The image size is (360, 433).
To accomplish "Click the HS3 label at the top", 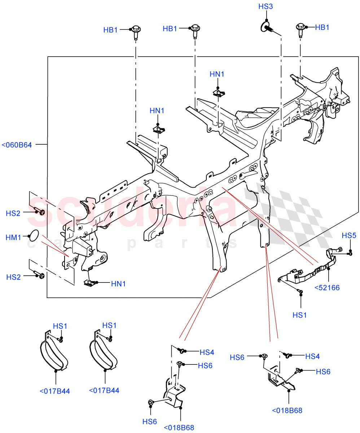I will pyautogui.click(x=265, y=7).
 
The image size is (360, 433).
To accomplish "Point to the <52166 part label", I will pyautogui.click(x=327, y=288).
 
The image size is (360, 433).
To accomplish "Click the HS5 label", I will pyautogui.click(x=349, y=236).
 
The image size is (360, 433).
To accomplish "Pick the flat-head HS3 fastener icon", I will pyautogui.click(x=267, y=27).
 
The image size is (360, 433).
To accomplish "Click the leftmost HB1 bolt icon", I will pyautogui.click(x=136, y=31).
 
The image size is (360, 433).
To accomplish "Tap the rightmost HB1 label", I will pyautogui.click(x=322, y=27).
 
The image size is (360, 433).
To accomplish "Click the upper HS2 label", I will pyautogui.click(x=13, y=213).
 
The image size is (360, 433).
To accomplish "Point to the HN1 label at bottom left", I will pyautogui.click(x=118, y=284).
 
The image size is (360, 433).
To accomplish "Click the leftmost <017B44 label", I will pyautogui.click(x=55, y=391).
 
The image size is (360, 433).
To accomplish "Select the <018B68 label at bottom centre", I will pyautogui.click(x=179, y=428).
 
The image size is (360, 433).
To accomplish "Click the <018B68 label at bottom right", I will pyautogui.click(x=287, y=410).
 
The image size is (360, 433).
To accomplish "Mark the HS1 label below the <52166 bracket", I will pyautogui.click(x=299, y=315).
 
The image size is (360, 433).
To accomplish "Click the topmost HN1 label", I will pyautogui.click(x=217, y=74).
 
